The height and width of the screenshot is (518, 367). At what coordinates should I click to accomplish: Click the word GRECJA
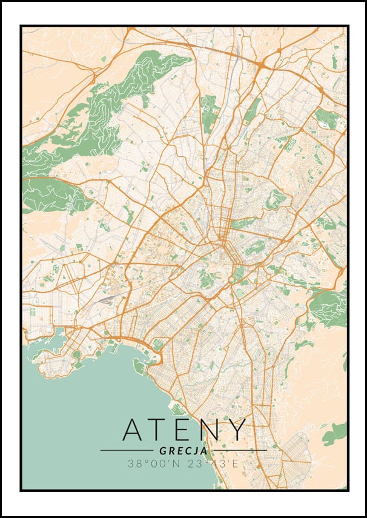(x=183, y=451)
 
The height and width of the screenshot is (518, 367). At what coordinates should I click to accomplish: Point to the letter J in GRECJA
(x=197, y=451)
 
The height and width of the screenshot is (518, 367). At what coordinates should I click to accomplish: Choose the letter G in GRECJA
(x=163, y=451)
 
